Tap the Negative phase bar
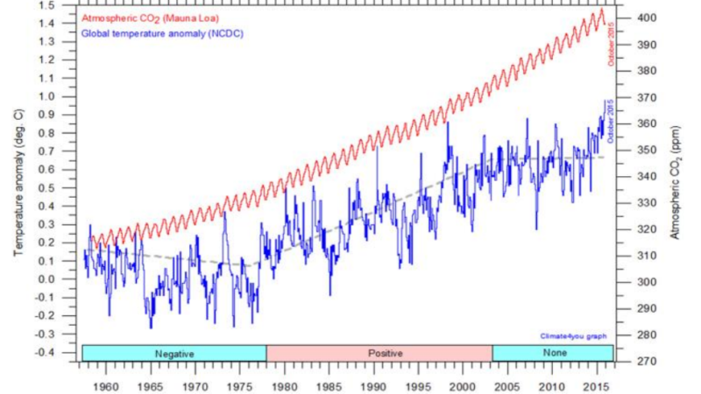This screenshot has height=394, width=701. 173,353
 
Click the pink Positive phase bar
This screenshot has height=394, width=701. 379,353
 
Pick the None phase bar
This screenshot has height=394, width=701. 552,353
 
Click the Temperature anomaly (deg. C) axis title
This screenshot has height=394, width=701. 18,184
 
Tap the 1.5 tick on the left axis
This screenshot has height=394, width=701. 61,5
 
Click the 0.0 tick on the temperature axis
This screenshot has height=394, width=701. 61,279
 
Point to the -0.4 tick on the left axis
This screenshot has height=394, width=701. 60,352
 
